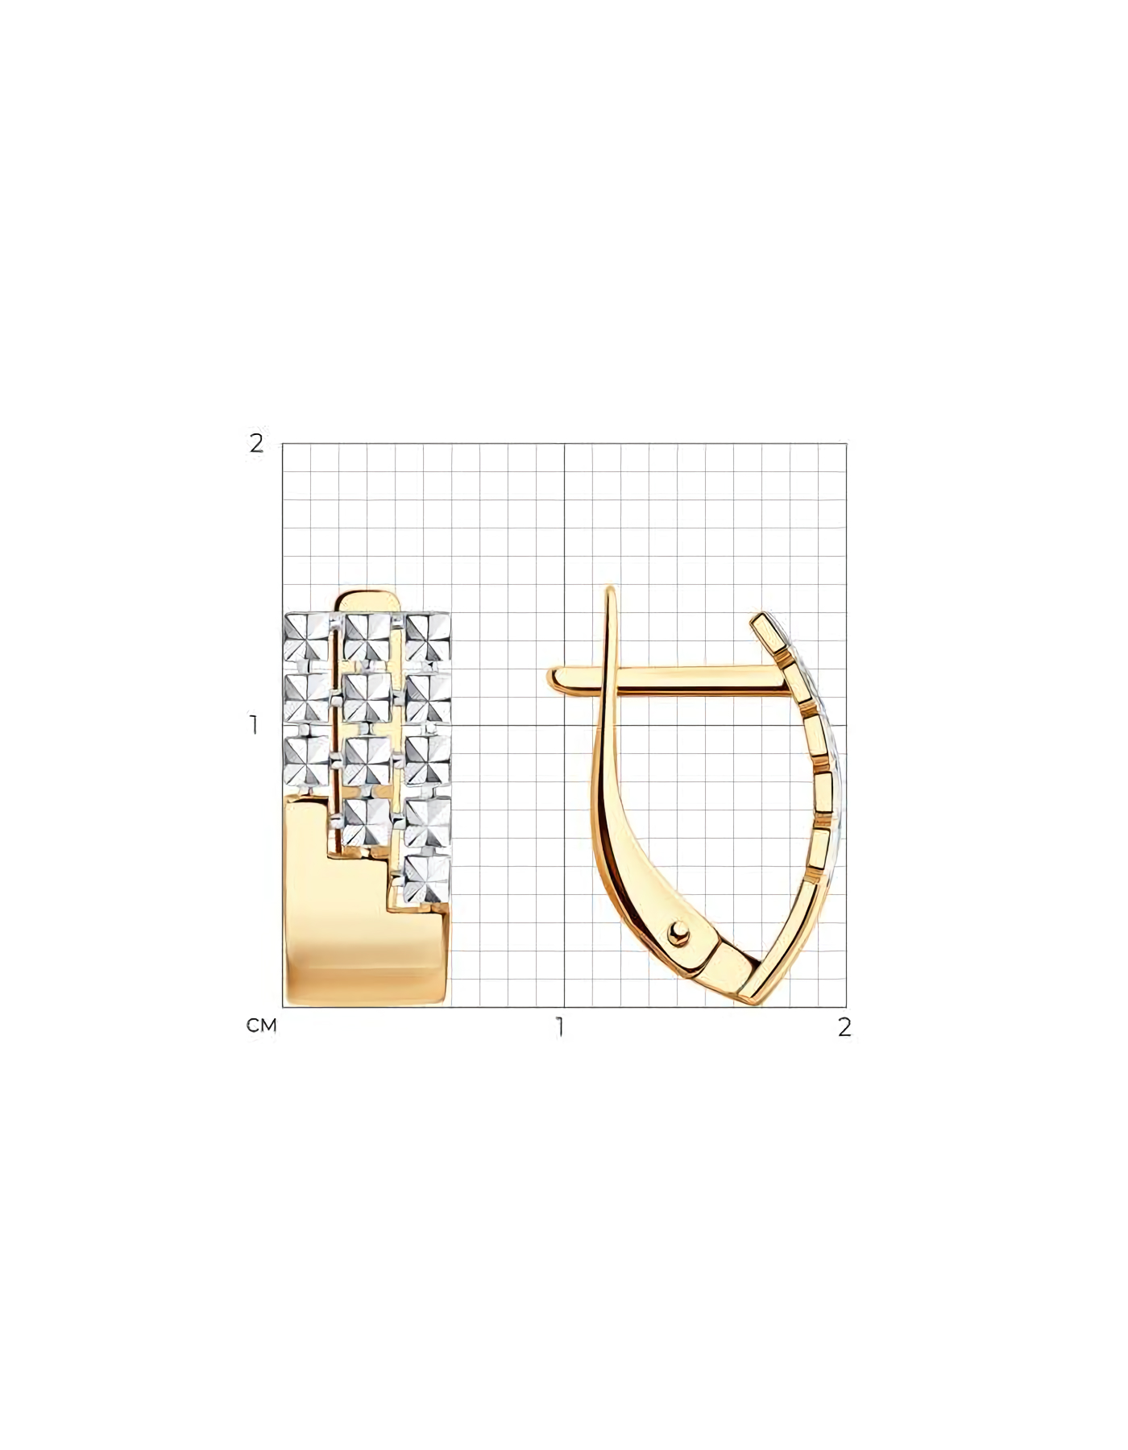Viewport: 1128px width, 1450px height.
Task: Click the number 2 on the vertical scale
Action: coord(256,443)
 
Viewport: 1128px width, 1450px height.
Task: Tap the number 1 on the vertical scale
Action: coord(255,725)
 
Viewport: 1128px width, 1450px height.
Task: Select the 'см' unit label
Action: coord(262,1025)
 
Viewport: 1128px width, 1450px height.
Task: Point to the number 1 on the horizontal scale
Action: coord(558,1027)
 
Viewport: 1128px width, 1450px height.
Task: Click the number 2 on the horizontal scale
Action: coord(844,1027)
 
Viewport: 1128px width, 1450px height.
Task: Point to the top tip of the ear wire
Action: coord(611,590)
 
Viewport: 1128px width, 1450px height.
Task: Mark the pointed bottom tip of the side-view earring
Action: coord(761,1003)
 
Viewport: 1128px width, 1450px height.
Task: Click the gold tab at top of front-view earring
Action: coord(370,602)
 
